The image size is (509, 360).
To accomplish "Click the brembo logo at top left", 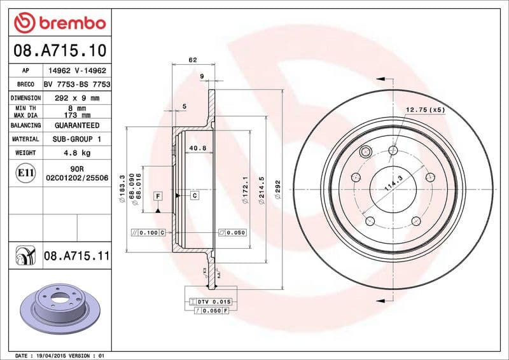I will point(59,23).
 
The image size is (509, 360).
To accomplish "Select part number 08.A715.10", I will point(59,50).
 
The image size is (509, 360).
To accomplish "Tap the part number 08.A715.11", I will point(77,256).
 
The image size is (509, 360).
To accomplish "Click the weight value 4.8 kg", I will point(77,153).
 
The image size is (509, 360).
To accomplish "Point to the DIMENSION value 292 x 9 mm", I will point(77,98).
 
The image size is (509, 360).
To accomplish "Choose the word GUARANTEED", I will point(77,125).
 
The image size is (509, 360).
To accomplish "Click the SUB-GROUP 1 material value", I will point(77,139).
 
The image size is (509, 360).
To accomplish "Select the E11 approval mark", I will point(25,172).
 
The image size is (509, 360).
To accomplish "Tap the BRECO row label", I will point(25,84).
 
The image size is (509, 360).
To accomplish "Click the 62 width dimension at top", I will point(192,60).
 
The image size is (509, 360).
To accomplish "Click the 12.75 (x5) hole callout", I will point(426,110).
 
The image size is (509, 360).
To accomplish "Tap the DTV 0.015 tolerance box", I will point(208,300).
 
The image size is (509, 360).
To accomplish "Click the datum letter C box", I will point(194,195).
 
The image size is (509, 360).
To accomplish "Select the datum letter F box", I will point(157,195).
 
